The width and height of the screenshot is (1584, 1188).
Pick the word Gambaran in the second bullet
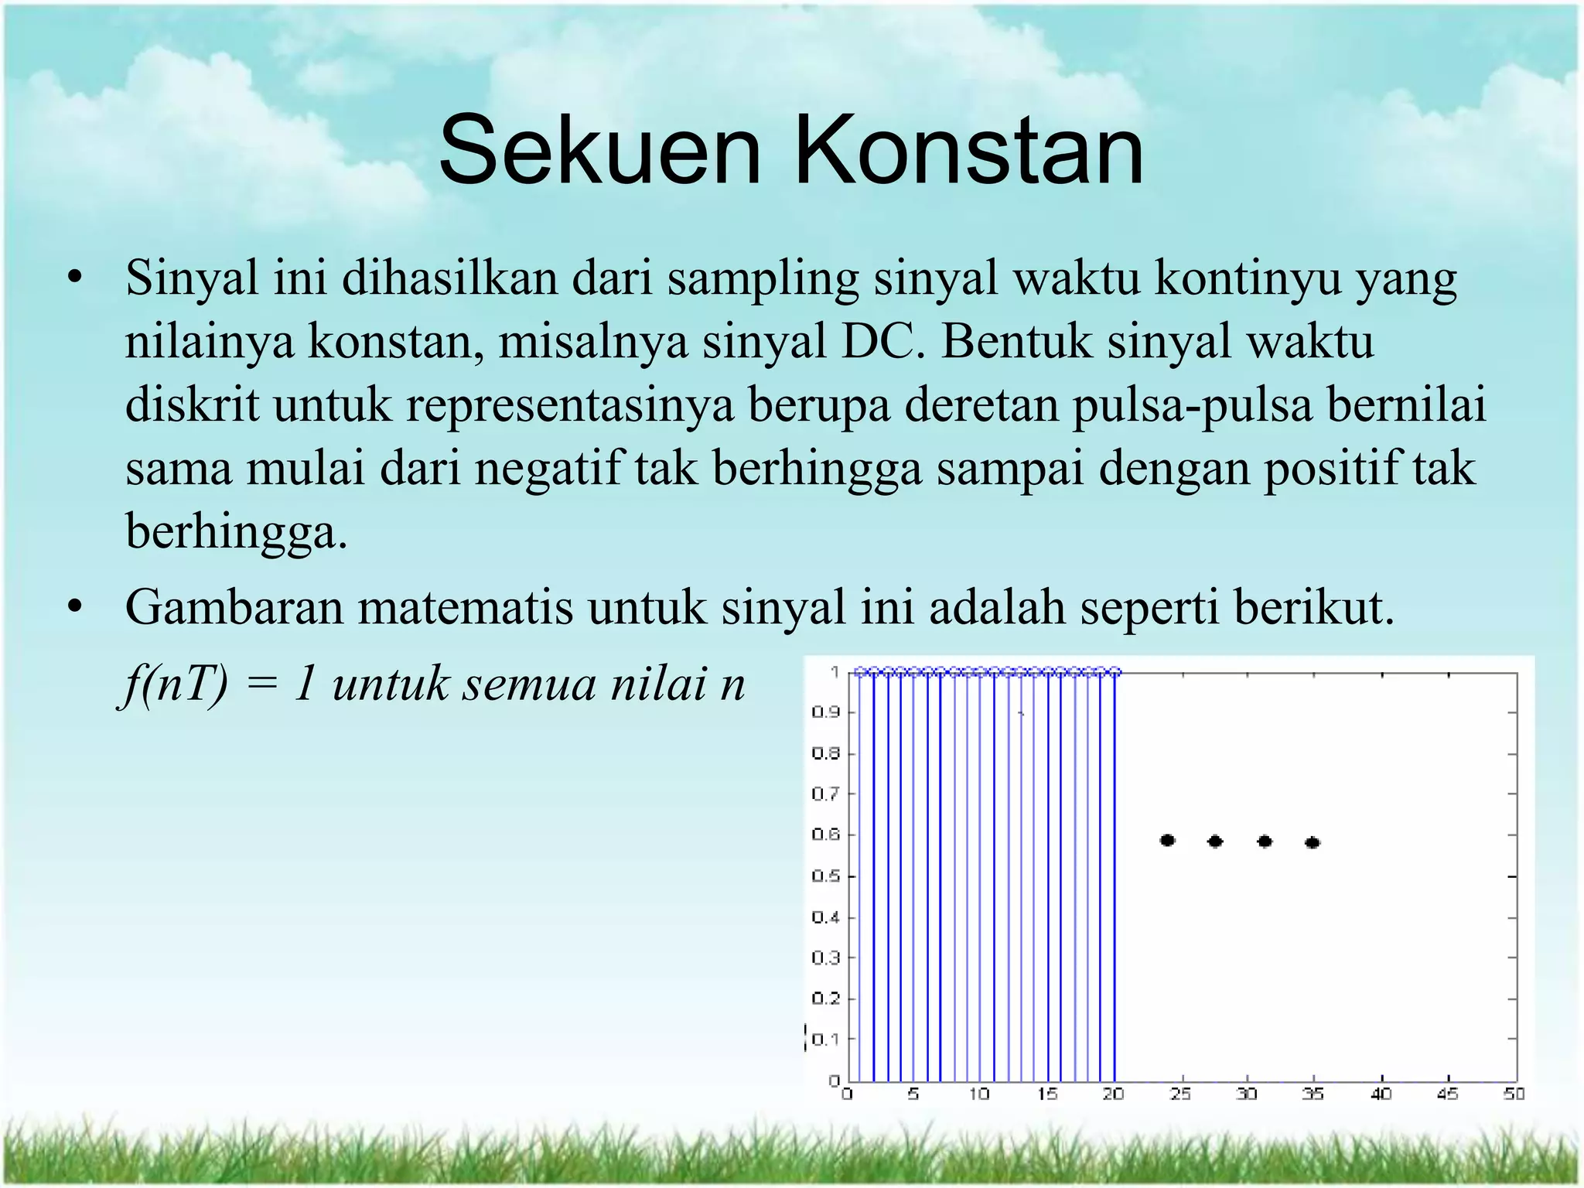tap(234, 607)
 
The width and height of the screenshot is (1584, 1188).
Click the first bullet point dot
tap(74, 279)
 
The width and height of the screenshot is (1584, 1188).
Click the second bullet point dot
tap(74, 609)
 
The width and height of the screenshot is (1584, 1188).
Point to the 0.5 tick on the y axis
tap(825, 876)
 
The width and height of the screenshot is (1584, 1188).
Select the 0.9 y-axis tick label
tap(825, 712)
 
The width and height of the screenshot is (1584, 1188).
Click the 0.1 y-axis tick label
tap(825, 1039)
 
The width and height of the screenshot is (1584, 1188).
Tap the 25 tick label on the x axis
tap(1180, 1094)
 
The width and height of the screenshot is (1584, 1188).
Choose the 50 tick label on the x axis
tap(1514, 1094)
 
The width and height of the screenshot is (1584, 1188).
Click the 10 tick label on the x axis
tap(979, 1094)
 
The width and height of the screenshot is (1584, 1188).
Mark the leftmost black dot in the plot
tap(1168, 840)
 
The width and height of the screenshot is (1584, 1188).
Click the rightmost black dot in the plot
tap(1313, 842)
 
